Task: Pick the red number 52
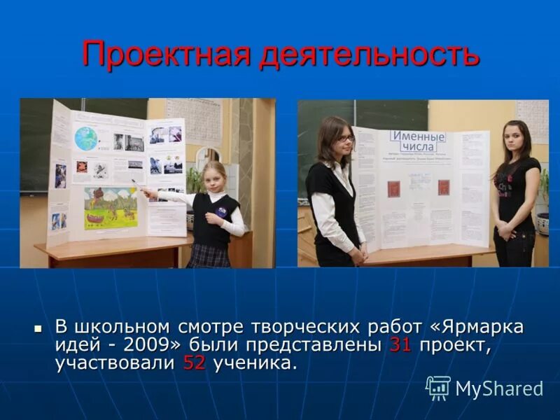coord(194,363)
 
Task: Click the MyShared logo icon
coord(438,388)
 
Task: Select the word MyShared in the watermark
coord(499,388)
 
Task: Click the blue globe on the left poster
coord(88,138)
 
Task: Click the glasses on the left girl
coord(344,139)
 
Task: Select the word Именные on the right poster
coord(419,136)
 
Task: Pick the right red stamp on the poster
coord(443,187)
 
